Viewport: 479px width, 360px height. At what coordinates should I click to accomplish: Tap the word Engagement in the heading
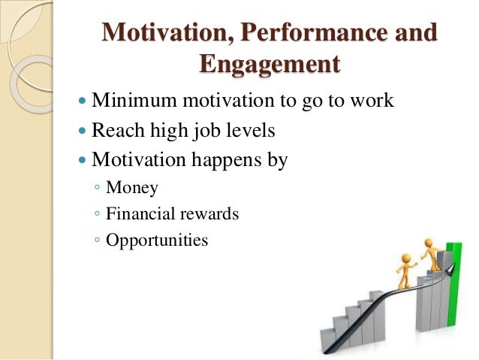pyautogui.click(x=269, y=65)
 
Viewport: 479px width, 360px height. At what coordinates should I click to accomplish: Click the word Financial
pyautogui.click(x=140, y=214)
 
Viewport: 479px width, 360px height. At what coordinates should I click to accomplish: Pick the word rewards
pyautogui.click(x=209, y=214)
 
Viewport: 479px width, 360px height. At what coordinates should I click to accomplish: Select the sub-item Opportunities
pyautogui.click(x=157, y=241)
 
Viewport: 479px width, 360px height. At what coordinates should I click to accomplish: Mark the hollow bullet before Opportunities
pyautogui.click(x=98, y=241)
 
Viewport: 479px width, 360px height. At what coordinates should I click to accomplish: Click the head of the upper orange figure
pyautogui.click(x=430, y=243)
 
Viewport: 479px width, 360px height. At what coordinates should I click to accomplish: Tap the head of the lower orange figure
pyautogui.click(x=407, y=258)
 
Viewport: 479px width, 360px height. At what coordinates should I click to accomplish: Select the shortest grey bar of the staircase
pyautogui.click(x=328, y=337)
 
